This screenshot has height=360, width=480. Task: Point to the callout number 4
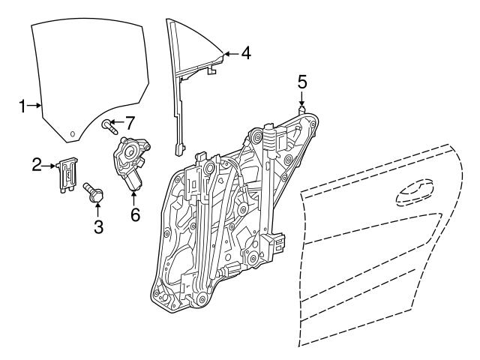pyautogui.click(x=247, y=53)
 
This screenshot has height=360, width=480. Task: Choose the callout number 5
pyautogui.click(x=301, y=81)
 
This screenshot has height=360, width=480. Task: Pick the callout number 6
pyautogui.click(x=135, y=214)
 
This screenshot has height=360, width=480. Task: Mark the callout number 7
pyautogui.click(x=129, y=121)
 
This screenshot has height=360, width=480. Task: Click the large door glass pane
pyautogui.click(x=86, y=75)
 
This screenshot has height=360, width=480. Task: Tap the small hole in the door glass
pyautogui.click(x=73, y=134)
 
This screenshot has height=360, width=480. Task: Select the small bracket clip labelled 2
pyautogui.click(x=68, y=173)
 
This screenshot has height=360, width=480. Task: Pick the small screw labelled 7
pyautogui.click(x=109, y=125)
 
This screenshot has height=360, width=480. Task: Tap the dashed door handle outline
pyautogui.click(x=415, y=193)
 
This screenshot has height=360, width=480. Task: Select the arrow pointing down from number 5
pyautogui.click(x=301, y=98)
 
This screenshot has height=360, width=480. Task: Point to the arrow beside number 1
pyautogui.click(x=35, y=106)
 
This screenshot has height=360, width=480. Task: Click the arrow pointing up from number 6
pyautogui.click(x=135, y=199)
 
